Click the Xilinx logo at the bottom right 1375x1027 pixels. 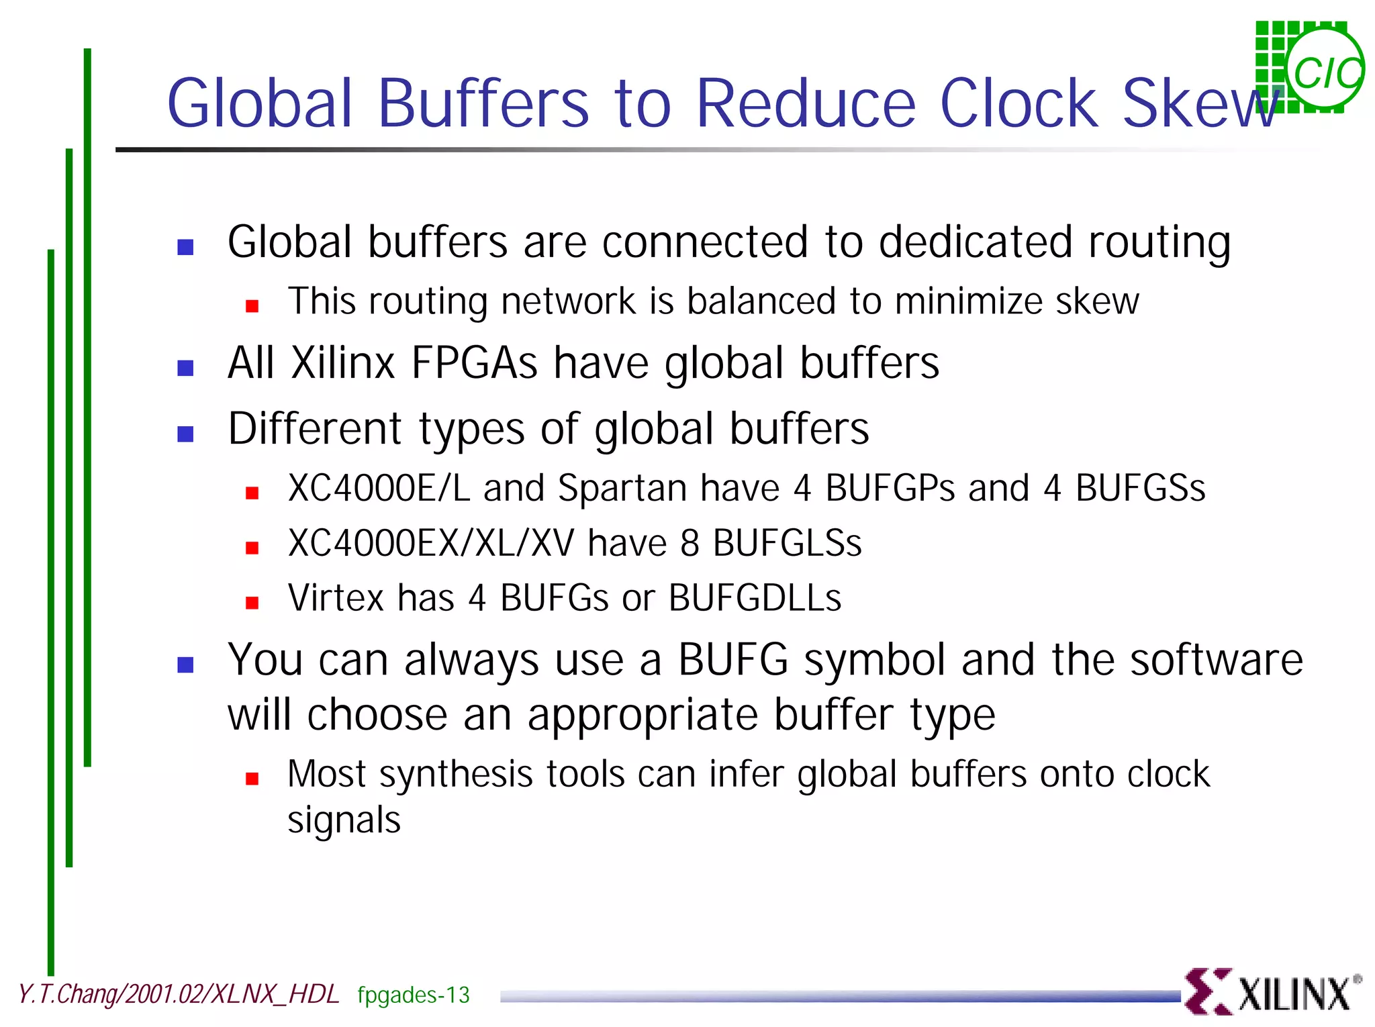1272,991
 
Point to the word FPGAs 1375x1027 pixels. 474,363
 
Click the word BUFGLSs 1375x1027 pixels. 787,543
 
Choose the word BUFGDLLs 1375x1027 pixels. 755,598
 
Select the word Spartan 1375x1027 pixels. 622,489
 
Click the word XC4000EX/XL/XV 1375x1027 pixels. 431,543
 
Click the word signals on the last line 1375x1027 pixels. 344,820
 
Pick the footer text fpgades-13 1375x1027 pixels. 413,995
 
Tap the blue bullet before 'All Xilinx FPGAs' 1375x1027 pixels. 185,368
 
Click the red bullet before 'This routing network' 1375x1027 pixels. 252,306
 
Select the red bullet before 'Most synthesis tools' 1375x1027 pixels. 252,779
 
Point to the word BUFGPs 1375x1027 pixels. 890,489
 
